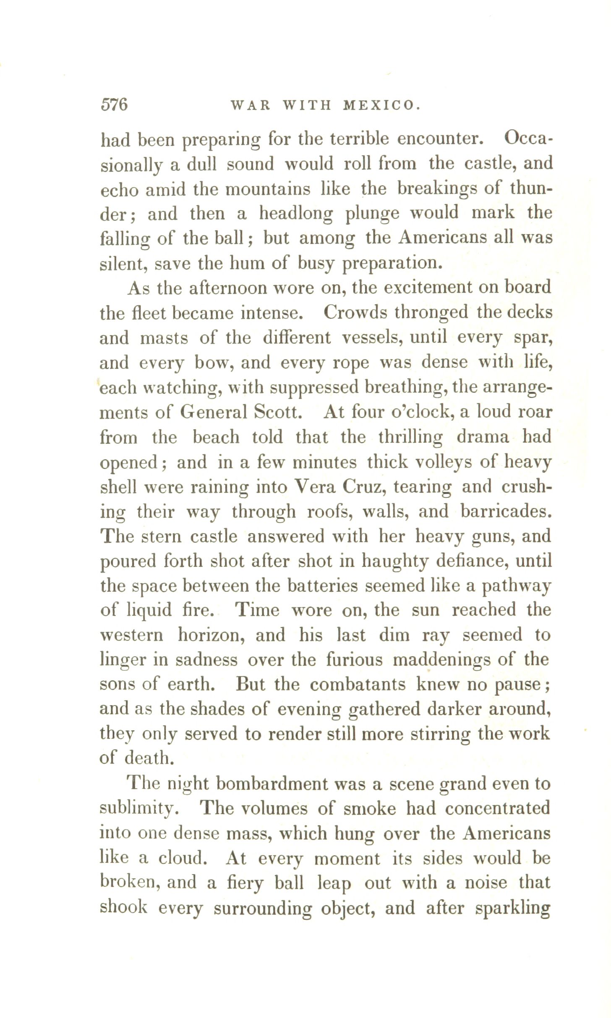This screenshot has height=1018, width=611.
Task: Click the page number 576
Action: point(114,104)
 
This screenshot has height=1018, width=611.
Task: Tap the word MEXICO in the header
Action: point(381,105)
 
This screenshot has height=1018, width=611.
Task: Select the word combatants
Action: point(358,685)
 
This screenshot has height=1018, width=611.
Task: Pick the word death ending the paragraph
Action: point(149,758)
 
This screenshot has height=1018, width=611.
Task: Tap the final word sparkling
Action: point(512,909)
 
